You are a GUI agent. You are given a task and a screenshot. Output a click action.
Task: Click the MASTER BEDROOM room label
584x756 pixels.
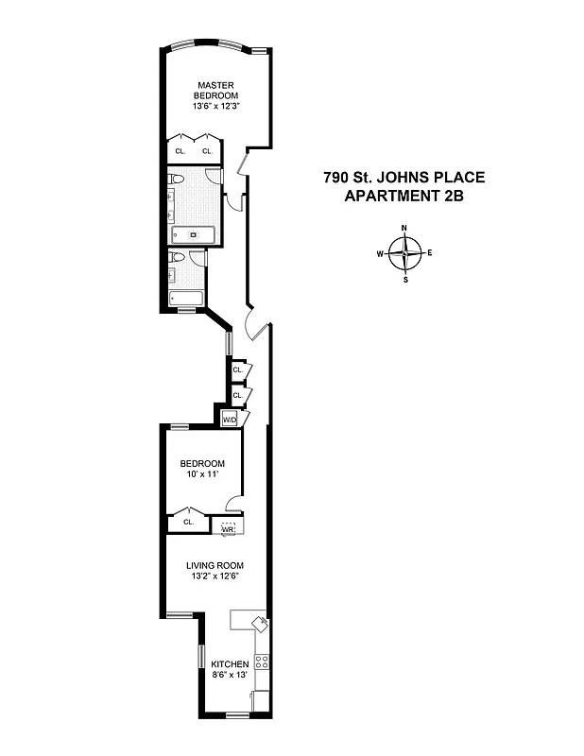click(x=216, y=91)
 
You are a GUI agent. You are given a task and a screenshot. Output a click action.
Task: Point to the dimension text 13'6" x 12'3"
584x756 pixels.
click(x=216, y=107)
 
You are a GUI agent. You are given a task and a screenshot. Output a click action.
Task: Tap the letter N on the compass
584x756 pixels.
click(x=404, y=229)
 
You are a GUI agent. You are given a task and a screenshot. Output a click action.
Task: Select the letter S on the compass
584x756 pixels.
click(x=405, y=279)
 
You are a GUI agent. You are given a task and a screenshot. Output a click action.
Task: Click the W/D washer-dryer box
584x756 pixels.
click(x=229, y=419)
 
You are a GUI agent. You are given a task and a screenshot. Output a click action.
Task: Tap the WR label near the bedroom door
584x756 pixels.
click(x=227, y=530)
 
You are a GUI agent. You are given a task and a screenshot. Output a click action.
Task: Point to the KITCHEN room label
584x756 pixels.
click(x=230, y=664)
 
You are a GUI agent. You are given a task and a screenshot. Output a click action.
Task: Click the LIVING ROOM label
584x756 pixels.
click(x=215, y=565)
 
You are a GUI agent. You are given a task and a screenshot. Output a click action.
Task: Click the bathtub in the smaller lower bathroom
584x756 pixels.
click(x=185, y=301)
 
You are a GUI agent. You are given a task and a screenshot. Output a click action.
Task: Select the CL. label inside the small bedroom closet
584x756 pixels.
click(x=188, y=521)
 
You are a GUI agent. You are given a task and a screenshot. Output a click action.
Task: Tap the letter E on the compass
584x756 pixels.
click(x=430, y=253)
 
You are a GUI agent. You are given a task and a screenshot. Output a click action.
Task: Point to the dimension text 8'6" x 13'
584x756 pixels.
click(x=230, y=678)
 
